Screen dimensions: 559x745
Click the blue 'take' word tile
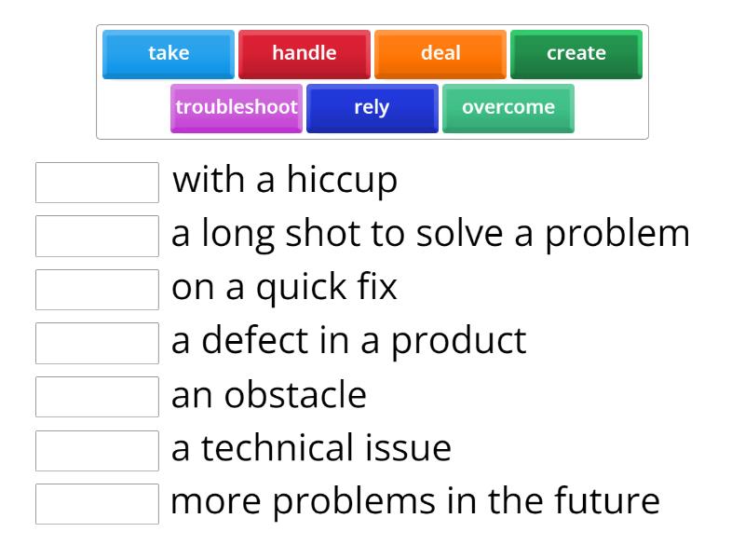169,54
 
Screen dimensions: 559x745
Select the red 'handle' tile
305,54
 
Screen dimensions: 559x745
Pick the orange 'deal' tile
440,54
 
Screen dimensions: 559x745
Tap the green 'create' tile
576,54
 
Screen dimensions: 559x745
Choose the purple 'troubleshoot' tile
237,108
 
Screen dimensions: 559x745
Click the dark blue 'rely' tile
372,108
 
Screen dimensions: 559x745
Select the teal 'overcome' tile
508,108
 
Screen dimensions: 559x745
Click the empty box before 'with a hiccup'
97,182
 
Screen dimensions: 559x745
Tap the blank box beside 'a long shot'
97,236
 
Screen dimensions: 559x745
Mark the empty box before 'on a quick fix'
97,289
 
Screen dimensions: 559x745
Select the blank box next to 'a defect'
97,343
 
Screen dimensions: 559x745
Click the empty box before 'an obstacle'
97,396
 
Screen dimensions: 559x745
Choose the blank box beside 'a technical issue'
97,450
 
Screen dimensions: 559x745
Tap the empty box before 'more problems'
97,503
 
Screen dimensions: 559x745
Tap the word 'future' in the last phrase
606,501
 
